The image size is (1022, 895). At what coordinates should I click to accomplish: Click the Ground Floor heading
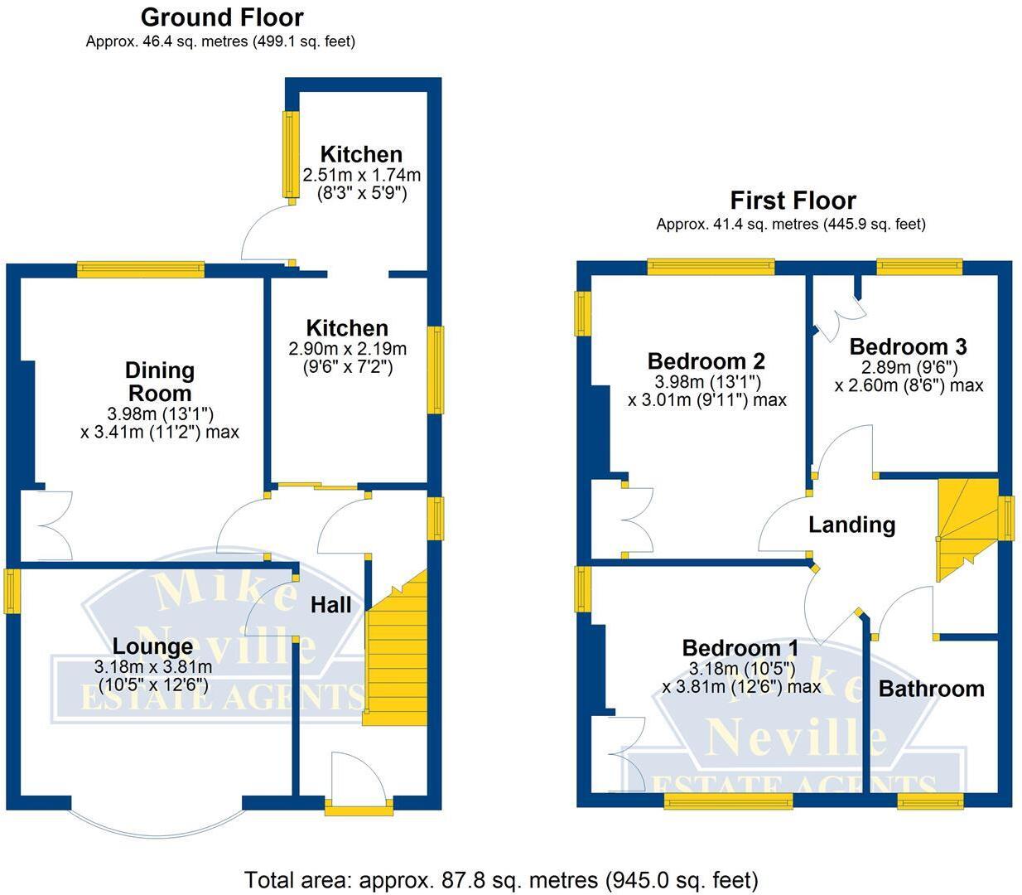click(x=221, y=17)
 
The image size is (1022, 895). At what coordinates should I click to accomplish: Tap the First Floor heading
click(x=793, y=201)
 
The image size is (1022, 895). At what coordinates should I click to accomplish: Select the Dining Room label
click(x=160, y=381)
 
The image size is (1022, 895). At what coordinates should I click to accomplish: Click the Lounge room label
click(x=152, y=646)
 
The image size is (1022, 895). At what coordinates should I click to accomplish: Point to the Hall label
click(x=330, y=605)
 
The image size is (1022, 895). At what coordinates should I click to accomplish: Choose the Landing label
click(x=851, y=525)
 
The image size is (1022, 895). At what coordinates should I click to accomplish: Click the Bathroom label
click(x=931, y=689)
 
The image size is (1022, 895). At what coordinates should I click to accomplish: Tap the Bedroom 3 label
click(x=908, y=346)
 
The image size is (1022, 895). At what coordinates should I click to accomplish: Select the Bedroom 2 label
click(x=706, y=361)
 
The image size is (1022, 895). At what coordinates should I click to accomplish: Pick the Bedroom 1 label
click(x=740, y=648)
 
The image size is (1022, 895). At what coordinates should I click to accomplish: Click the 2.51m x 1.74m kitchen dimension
click(x=361, y=176)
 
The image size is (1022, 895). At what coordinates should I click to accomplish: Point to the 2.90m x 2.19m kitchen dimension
click(x=347, y=349)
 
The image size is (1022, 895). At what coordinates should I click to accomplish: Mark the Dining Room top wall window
click(x=141, y=268)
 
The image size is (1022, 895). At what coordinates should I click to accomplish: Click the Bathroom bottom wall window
click(x=930, y=801)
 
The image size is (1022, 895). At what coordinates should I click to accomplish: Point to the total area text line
click(x=501, y=879)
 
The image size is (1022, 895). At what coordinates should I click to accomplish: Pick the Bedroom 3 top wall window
click(x=920, y=267)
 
